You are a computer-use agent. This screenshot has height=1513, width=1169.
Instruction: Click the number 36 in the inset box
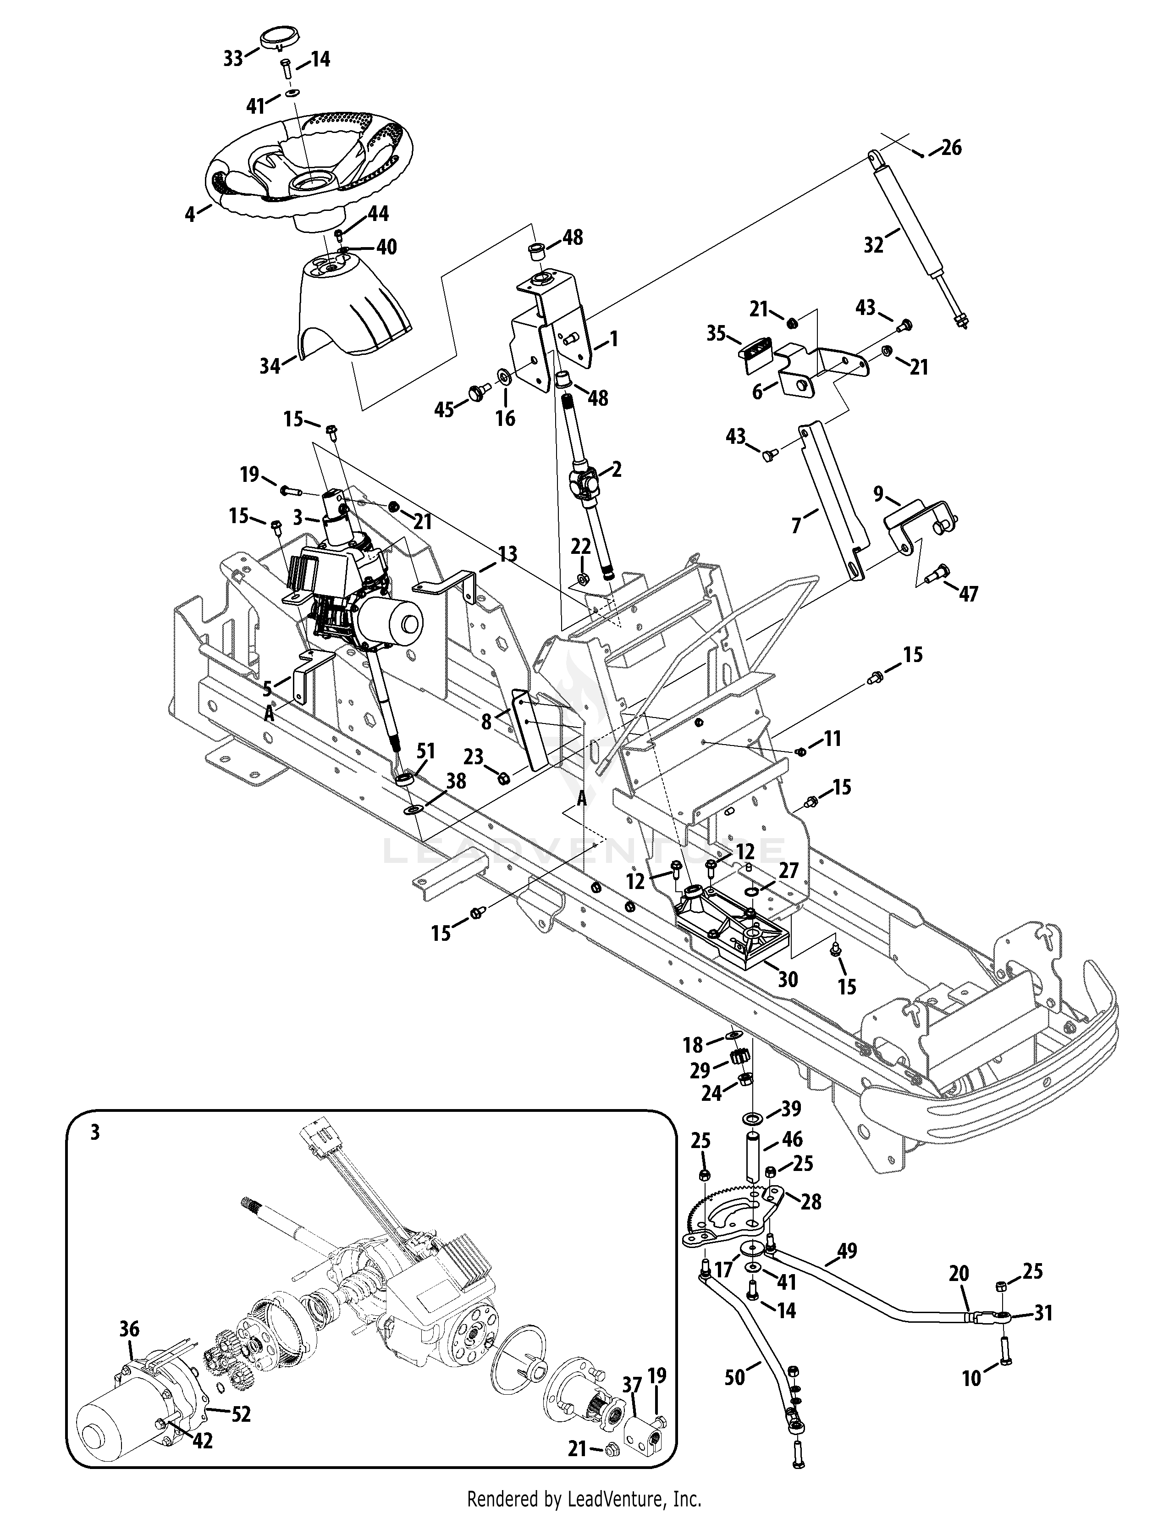(x=129, y=1329)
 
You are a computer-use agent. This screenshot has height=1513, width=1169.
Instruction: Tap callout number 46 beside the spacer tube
(x=792, y=1140)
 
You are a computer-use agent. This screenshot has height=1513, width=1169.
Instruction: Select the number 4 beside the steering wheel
(x=190, y=215)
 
